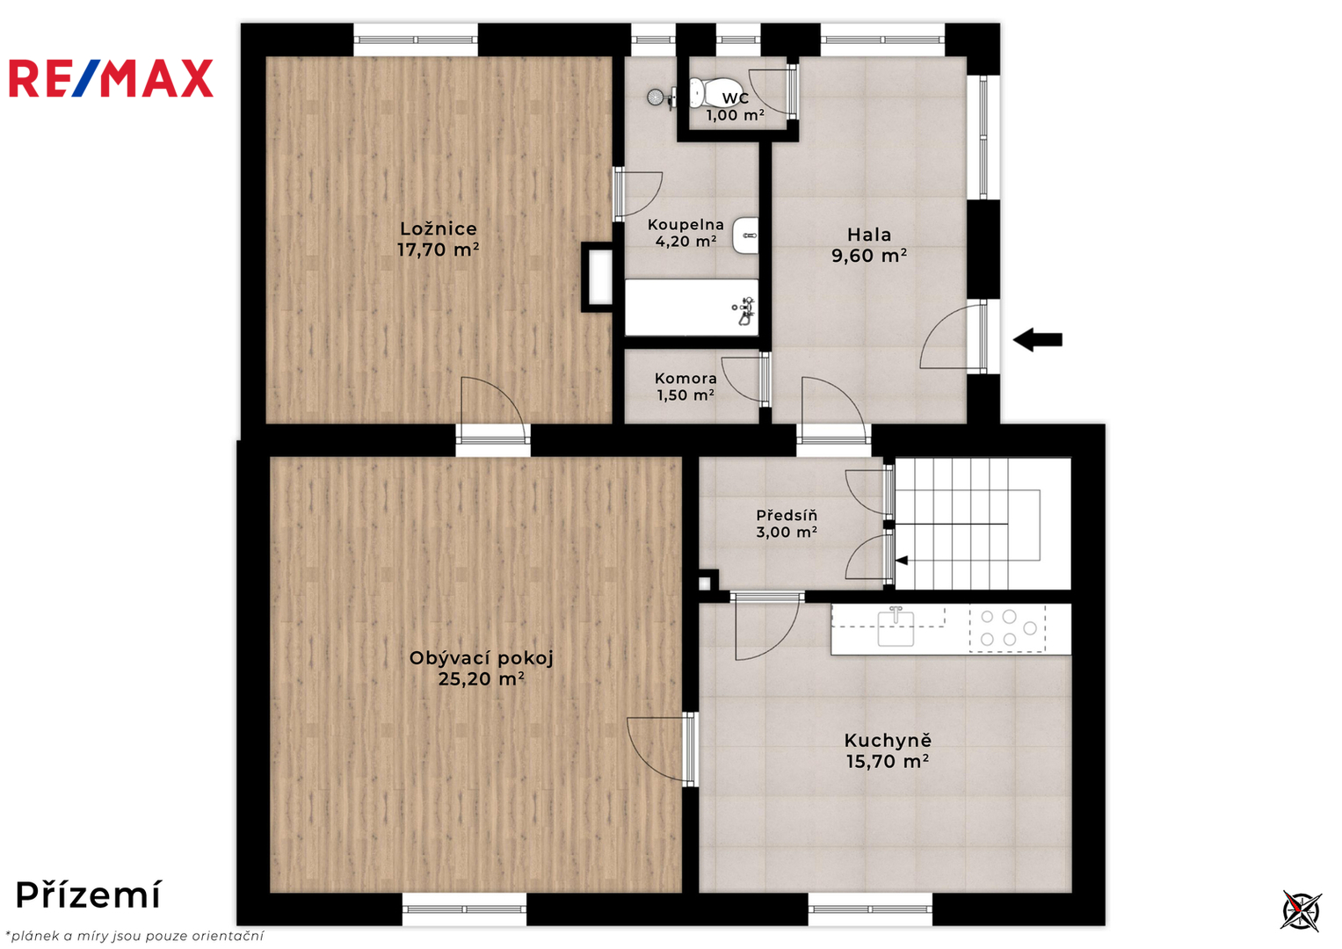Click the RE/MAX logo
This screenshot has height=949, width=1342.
(112, 78)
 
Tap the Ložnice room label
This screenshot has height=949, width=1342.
(439, 228)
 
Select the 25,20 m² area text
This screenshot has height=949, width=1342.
(481, 678)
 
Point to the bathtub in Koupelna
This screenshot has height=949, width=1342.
(692, 308)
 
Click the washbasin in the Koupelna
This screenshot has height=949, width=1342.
(746, 235)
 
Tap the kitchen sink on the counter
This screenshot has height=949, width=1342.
(896, 627)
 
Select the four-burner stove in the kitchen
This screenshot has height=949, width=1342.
(1008, 628)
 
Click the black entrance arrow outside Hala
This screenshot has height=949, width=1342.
(1038, 340)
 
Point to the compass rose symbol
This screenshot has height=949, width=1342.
(1301, 911)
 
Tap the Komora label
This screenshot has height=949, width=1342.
(686, 378)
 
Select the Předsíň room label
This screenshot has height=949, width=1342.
(787, 515)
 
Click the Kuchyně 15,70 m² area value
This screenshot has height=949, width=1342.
(888, 762)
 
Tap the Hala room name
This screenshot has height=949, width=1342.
(868, 235)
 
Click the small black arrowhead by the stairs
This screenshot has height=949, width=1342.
(902, 561)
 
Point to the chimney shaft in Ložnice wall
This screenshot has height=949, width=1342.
(598, 277)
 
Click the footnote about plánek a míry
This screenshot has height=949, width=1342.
(134, 936)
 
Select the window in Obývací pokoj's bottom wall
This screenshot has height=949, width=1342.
(464, 909)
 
